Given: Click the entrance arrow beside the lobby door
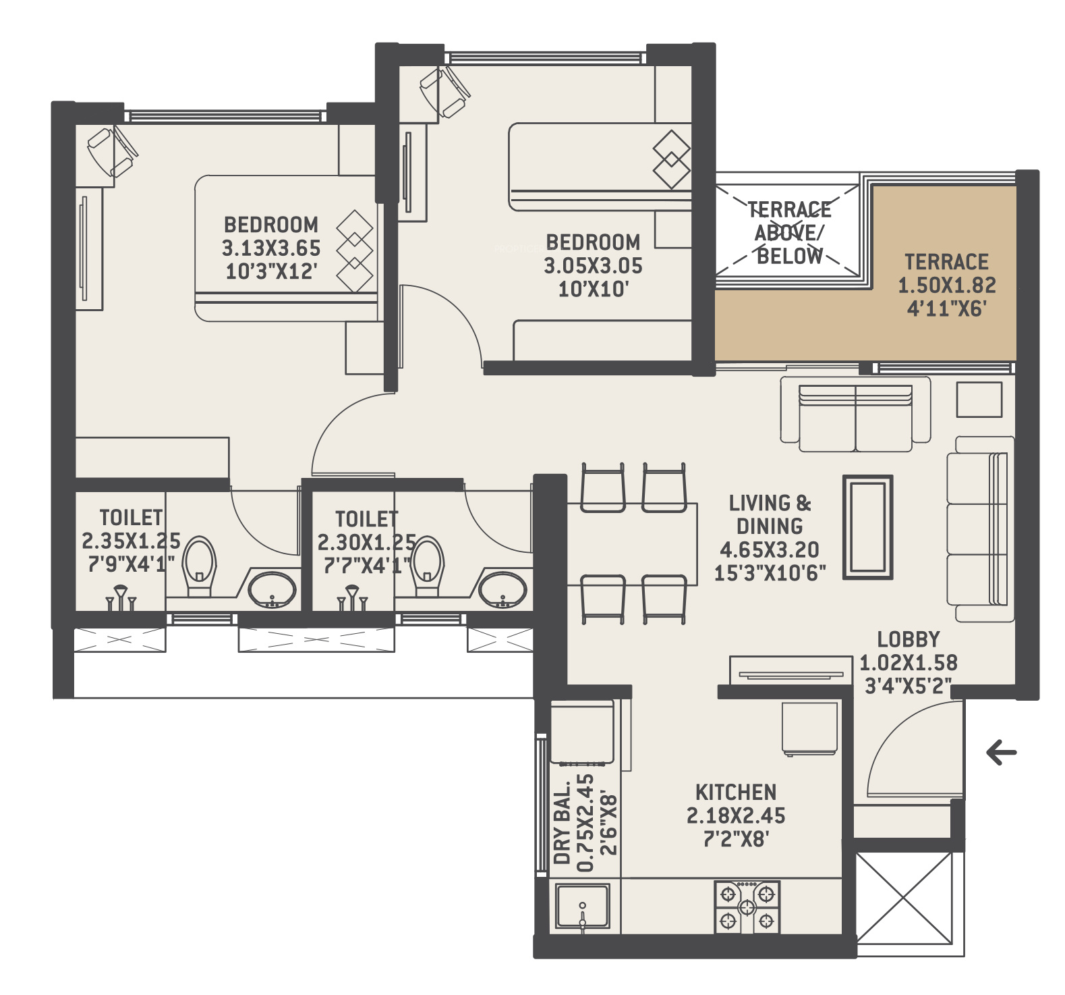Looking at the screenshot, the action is click(x=1001, y=753).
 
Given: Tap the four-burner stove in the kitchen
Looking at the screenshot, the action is click(x=747, y=907).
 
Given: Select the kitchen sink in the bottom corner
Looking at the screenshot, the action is click(x=583, y=907).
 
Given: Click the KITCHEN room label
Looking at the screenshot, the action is click(x=736, y=792).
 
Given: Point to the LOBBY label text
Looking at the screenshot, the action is click(x=909, y=639).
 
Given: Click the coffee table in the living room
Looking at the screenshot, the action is click(x=868, y=528).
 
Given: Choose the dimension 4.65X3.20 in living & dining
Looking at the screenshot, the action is click(x=770, y=549).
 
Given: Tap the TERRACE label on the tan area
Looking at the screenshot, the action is click(x=946, y=262).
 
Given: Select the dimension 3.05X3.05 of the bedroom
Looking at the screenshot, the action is click(x=593, y=266).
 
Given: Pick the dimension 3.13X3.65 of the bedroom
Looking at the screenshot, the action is click(x=271, y=248).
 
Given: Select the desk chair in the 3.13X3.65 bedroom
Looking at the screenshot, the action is click(x=113, y=153).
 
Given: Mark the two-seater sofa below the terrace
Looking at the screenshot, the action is click(x=855, y=414).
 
